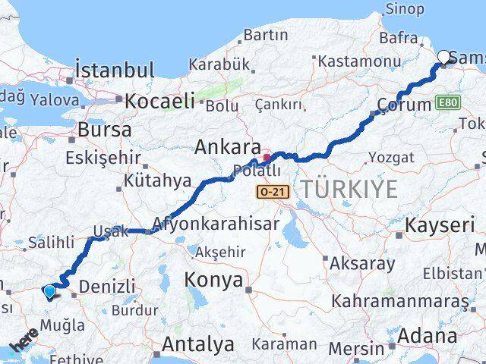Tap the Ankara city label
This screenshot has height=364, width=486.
tap(227, 146)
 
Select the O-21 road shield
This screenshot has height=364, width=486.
tap(273, 192)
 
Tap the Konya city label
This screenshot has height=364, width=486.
tap(213, 280)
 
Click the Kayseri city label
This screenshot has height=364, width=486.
tap(440, 225)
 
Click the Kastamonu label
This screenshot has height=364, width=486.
tap(359, 61)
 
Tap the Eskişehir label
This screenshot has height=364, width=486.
tap(104, 157)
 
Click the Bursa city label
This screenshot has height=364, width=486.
tap(105, 130)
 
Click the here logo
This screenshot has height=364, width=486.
tap(24, 339)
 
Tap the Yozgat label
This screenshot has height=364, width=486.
tap(391, 158)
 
